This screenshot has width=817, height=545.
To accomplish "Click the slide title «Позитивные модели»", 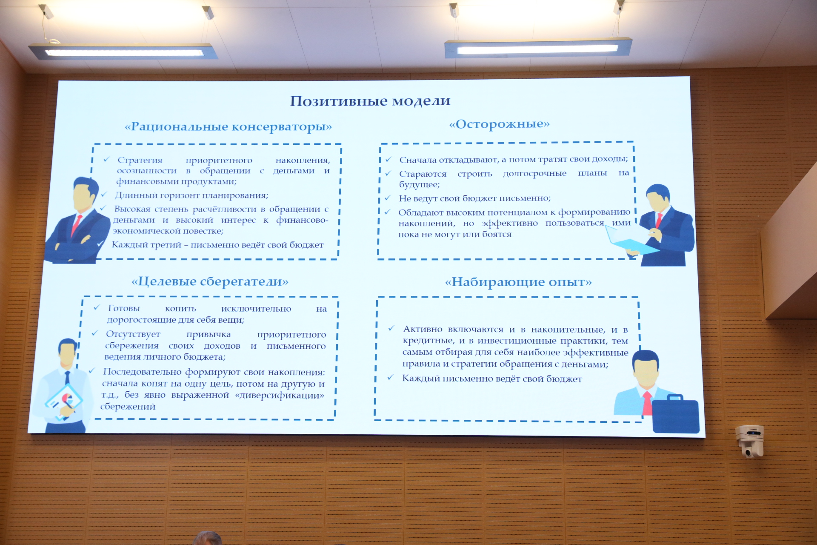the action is coord(370,101).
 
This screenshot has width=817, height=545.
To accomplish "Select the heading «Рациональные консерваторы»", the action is coord(228,127).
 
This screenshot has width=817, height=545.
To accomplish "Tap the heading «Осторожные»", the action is coord(499,124).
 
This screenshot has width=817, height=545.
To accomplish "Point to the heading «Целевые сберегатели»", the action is coord(210,281).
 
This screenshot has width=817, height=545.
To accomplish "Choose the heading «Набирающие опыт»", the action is coord(518,282).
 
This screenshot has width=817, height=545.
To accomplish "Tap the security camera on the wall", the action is coord(751,441).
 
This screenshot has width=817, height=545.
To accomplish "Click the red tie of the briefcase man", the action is coord(647,403).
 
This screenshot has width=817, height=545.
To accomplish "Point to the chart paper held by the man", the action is coord(64,402).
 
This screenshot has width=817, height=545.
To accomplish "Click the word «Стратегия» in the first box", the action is coord(140,161).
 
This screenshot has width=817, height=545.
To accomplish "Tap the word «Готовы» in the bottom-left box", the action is coord(124,308).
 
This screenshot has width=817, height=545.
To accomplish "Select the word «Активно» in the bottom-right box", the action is coord(423,329).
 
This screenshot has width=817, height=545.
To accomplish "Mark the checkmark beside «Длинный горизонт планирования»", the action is coord(104,195).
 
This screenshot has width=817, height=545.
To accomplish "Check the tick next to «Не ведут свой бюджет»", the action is coord(388,198).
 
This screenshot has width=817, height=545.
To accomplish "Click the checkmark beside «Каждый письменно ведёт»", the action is coord(390,377).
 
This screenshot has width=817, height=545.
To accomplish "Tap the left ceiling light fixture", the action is coord(123,52).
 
